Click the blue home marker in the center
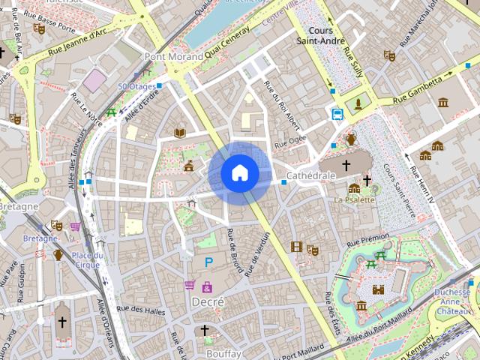[239, 173]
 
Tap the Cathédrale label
[310, 175]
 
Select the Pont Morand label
[174, 56]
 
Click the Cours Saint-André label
[320, 35]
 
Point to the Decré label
[208, 301]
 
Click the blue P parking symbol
[209, 262]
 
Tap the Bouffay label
[223, 352]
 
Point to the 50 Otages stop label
[136, 86]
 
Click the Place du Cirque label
[88, 259]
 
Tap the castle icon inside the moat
[378, 289]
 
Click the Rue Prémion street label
[364, 239]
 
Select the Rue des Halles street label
[140, 309]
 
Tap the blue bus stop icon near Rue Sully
[337, 114]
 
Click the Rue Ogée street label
[291, 140]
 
